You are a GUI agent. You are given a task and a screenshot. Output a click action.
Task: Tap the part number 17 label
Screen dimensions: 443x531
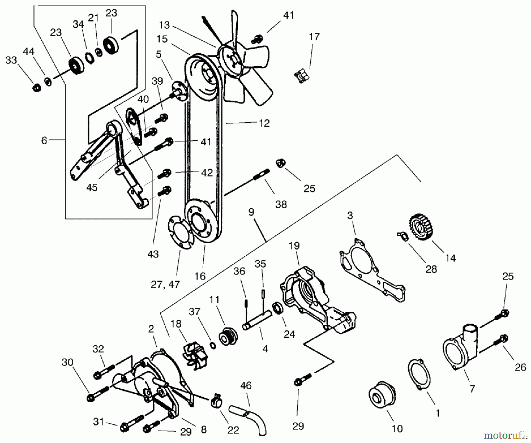[x=314, y=37]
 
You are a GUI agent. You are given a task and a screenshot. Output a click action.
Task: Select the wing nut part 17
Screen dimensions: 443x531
[x=302, y=75]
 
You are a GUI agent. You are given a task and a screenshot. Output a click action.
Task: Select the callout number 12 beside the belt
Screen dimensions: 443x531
[x=264, y=123]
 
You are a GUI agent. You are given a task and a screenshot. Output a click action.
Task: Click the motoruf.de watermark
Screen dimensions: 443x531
[x=506, y=434]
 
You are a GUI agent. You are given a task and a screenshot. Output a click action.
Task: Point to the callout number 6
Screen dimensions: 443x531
[x=44, y=140]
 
